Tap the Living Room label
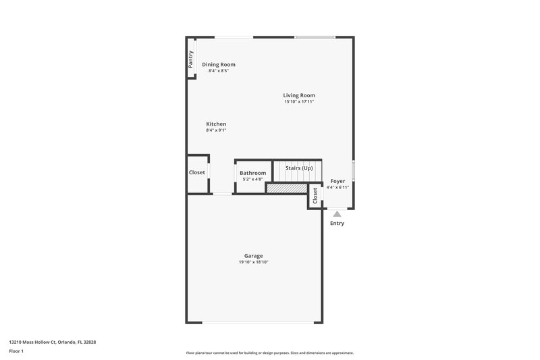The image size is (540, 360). (x=299, y=95)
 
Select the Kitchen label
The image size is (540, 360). (x=216, y=124)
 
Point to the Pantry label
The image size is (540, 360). (x=191, y=59)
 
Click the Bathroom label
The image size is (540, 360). (x=253, y=173)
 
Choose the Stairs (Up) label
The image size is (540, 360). (x=299, y=168)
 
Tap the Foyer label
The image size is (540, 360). (x=337, y=181)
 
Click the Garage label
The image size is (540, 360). (x=254, y=255)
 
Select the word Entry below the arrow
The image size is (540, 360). (x=337, y=223)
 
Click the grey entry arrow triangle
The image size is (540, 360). (x=337, y=213)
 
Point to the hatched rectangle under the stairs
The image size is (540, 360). (x=287, y=189)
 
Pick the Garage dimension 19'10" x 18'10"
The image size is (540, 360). (x=254, y=262)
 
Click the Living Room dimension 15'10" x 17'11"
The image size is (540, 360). (x=299, y=102)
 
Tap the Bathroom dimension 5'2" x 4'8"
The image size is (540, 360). (x=253, y=180)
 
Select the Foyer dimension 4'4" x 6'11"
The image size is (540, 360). (x=337, y=187)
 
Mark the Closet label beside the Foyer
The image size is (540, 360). (x=315, y=196)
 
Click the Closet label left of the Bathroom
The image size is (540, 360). (x=197, y=172)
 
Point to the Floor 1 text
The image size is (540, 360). (x=16, y=352)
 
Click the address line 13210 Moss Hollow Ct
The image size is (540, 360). (x=52, y=342)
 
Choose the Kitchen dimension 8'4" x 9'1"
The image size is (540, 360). (x=216, y=130)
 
